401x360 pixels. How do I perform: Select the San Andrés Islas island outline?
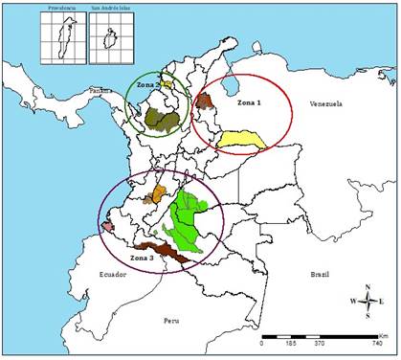click(x=113, y=41)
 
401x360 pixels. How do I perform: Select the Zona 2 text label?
click(x=145, y=85)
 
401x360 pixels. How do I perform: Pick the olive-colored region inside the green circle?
click(x=162, y=120)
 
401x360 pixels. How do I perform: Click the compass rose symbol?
click(x=368, y=300)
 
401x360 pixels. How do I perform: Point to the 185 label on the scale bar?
click(x=290, y=342)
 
